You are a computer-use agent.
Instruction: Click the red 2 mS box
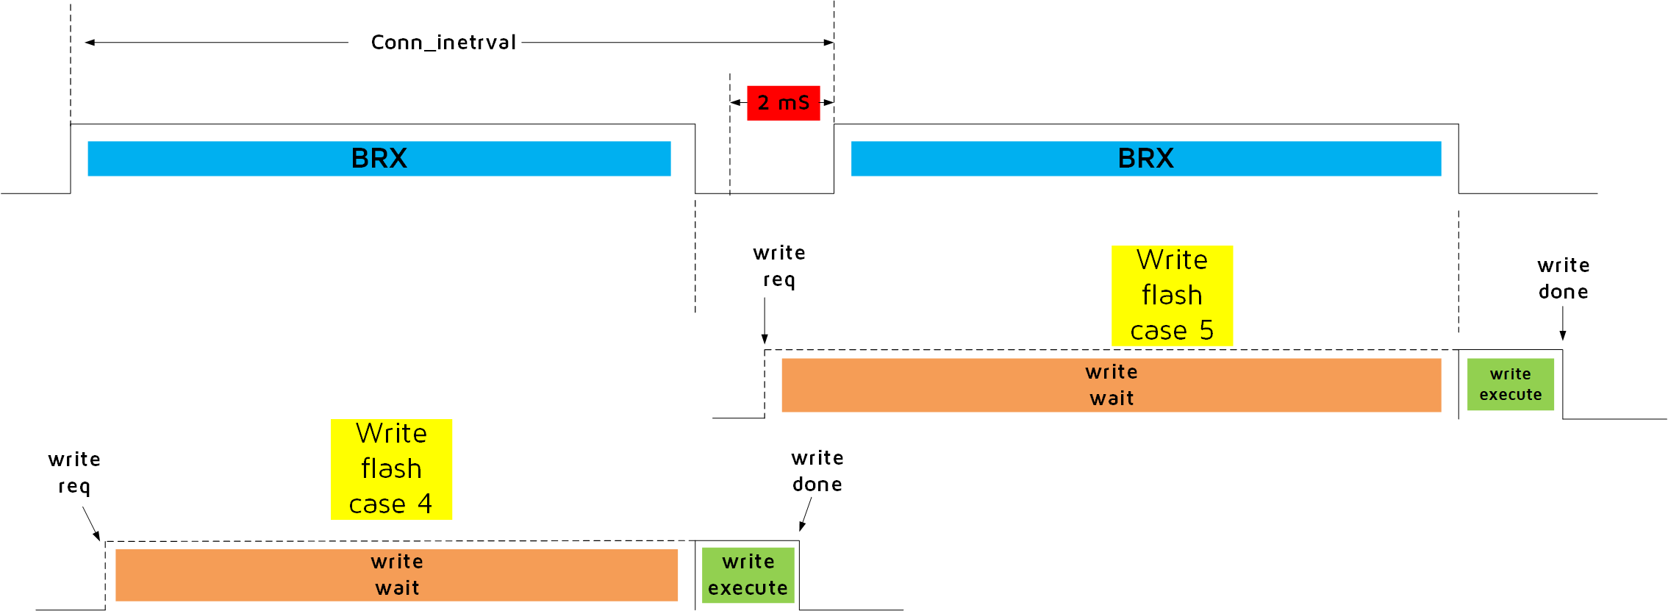tap(783, 103)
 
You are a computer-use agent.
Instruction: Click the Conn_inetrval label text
tap(443, 43)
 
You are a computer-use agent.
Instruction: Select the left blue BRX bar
tap(379, 159)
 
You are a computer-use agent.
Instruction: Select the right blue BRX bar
tap(1145, 159)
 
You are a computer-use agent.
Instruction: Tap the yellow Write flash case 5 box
tap(1172, 296)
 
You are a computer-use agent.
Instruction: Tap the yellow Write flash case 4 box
tap(391, 469)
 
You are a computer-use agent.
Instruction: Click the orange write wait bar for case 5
tap(1111, 385)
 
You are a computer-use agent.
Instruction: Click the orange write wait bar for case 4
tap(396, 575)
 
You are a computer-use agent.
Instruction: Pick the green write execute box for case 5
tap(1510, 385)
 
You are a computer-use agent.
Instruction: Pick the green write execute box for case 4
tap(748, 575)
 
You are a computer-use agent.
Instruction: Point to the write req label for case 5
tap(778, 266)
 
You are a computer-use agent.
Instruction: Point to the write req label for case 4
tap(74, 473)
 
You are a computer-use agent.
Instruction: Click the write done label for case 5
tap(1563, 279)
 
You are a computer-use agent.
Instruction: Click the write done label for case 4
tap(817, 471)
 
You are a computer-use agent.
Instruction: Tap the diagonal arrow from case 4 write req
tap(91, 524)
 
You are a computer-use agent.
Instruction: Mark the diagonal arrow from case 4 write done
tap(806, 514)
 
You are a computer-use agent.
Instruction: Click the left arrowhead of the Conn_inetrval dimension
tap(90, 43)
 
